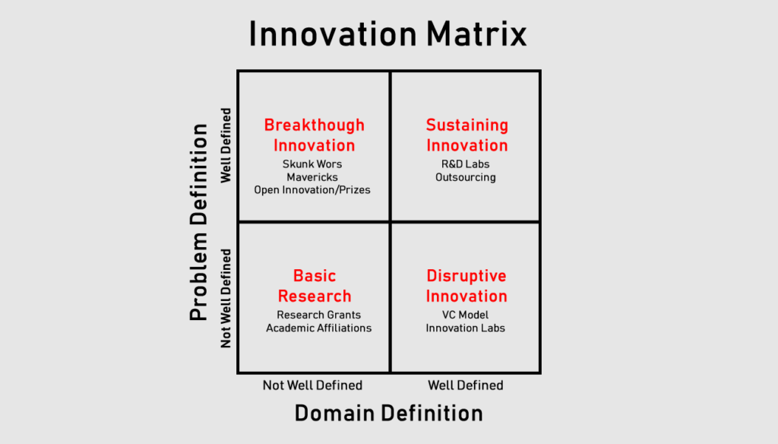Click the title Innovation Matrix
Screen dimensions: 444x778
coord(388,35)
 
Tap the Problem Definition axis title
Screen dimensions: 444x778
coord(198,222)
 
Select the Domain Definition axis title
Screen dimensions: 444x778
coord(388,413)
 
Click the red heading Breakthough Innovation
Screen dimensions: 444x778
coord(314,135)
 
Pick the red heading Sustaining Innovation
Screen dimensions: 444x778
coord(466,135)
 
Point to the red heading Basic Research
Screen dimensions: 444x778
coord(314,286)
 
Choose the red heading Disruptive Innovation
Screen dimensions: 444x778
coord(466,286)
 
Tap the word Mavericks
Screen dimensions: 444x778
coord(312,177)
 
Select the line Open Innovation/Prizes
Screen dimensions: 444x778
coord(312,189)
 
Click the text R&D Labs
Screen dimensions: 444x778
coord(465,164)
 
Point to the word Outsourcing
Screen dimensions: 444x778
coord(465,177)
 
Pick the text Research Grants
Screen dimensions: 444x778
coord(318,315)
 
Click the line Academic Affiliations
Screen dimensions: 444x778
coord(318,328)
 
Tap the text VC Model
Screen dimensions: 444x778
coord(465,315)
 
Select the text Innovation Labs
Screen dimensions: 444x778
coord(465,328)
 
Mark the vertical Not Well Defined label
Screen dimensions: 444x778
coord(226,297)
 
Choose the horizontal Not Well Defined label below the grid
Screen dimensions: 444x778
coord(312,385)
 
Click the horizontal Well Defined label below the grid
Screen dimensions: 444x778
coord(465,385)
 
